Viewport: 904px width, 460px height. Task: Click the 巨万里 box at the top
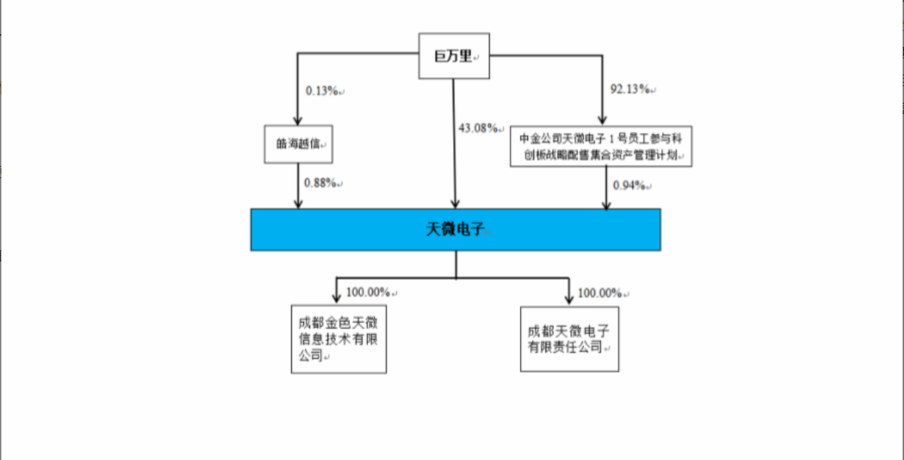pos(454,56)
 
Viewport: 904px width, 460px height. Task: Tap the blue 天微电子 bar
pos(455,229)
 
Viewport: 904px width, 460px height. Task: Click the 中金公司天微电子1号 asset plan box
pos(601,146)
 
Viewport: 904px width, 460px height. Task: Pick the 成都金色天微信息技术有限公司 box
pos(338,339)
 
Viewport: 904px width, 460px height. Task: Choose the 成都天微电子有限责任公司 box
pos(569,339)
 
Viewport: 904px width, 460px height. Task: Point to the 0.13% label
pos(322,91)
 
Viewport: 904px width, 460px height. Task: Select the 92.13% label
pos(630,88)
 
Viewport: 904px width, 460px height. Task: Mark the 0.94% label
pos(630,185)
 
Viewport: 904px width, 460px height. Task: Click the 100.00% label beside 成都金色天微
pos(368,292)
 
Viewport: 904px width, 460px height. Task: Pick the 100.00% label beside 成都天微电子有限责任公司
pos(600,293)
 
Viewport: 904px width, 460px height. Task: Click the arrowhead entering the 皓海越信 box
pos(297,120)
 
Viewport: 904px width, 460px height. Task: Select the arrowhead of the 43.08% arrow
pos(455,204)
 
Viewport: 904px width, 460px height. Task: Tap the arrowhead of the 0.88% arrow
pos(298,204)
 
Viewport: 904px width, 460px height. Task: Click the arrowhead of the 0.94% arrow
pos(607,204)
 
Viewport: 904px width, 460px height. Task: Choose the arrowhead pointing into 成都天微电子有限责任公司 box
pos(569,299)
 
